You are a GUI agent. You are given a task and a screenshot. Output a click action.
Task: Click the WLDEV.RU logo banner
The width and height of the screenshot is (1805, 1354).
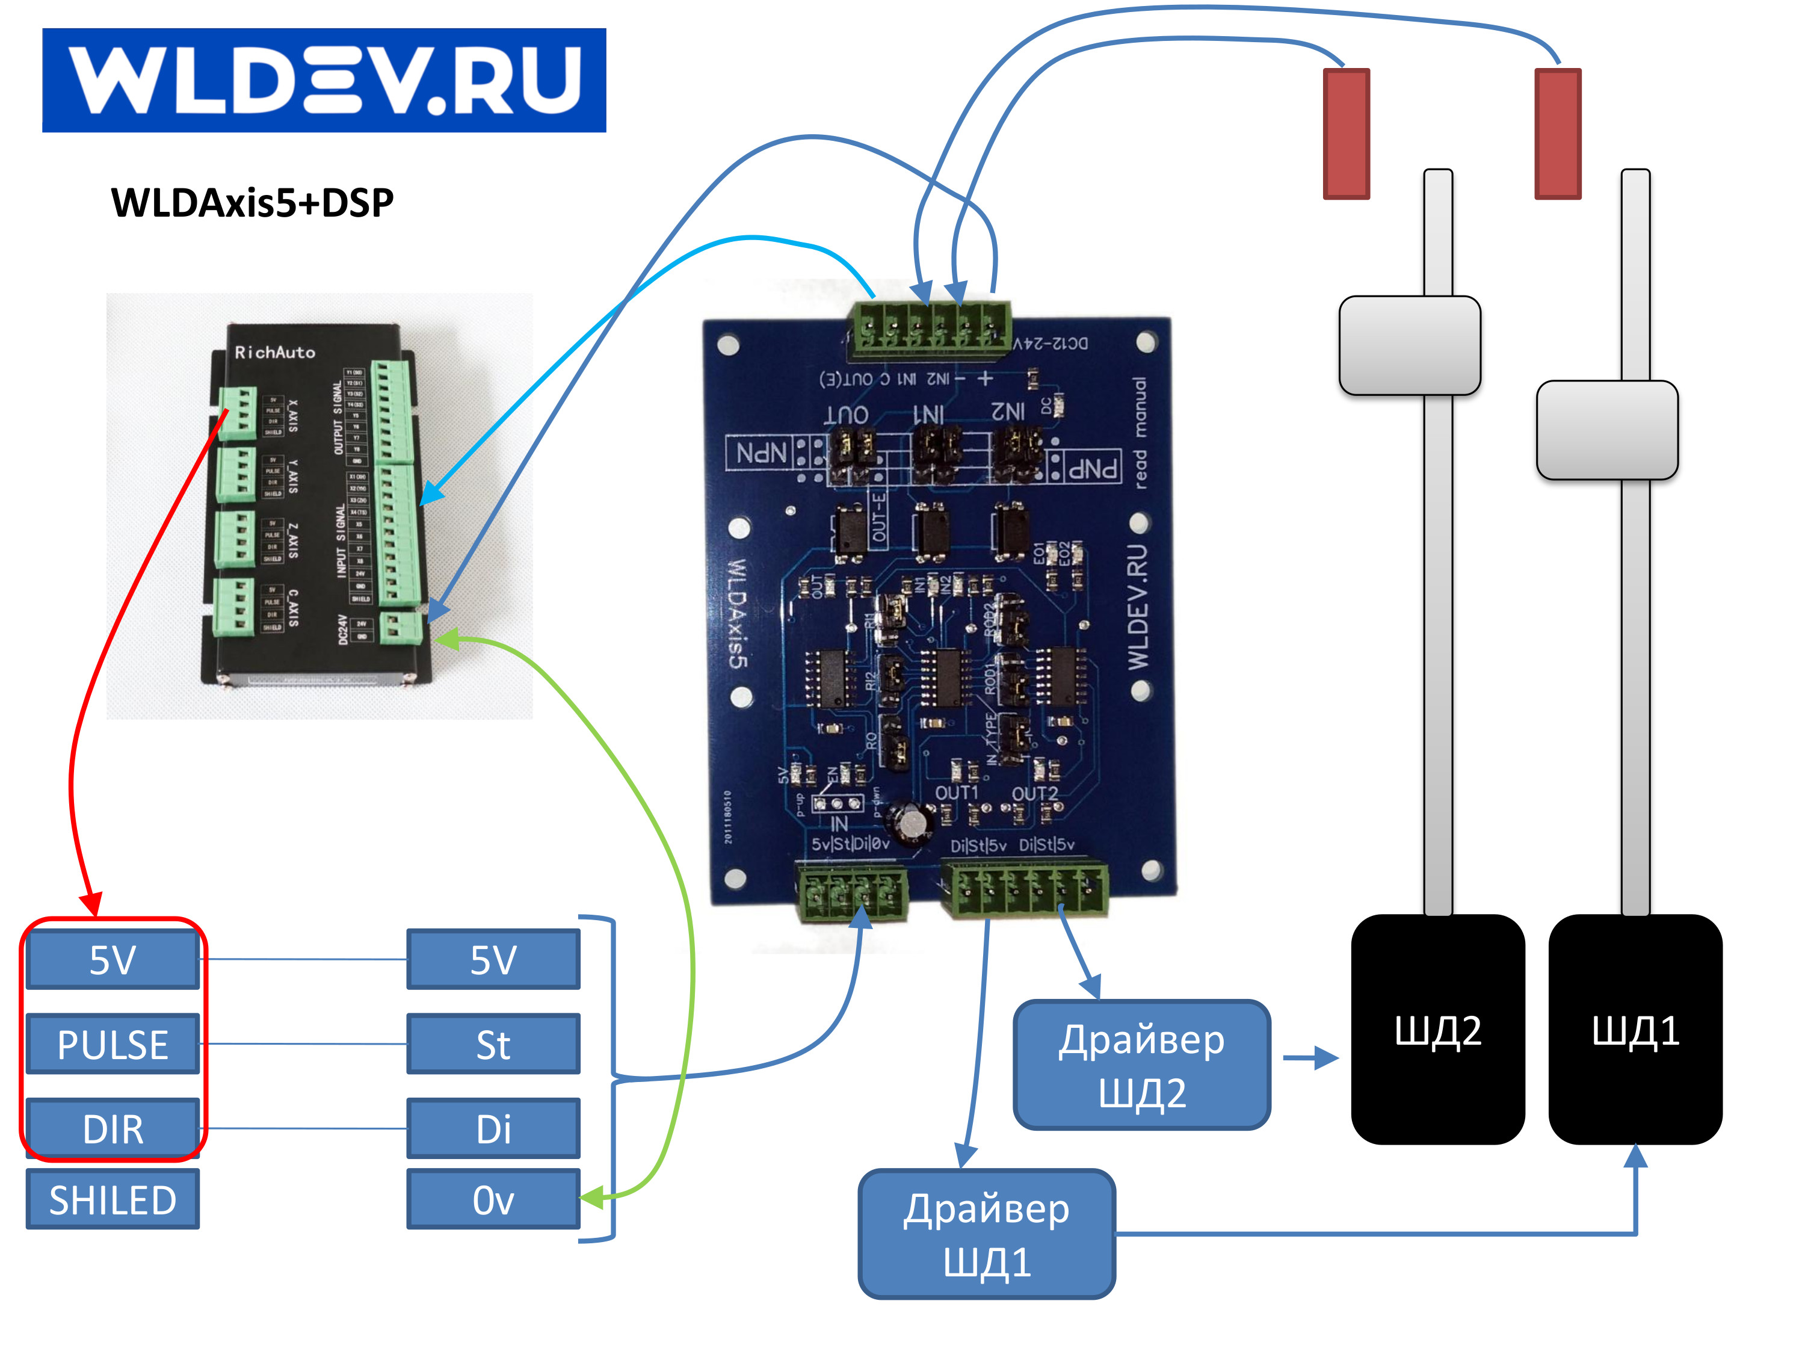(324, 80)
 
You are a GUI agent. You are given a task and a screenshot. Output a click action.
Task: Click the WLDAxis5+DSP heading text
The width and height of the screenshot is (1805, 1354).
(252, 202)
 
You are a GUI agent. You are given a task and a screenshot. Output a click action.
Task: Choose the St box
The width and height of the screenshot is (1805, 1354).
(493, 1044)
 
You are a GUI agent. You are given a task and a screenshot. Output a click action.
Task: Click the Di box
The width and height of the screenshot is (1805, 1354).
(493, 1129)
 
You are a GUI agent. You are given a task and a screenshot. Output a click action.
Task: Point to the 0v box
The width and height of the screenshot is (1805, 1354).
(493, 1199)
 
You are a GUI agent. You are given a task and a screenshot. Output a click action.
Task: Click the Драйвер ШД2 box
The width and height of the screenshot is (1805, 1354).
(1141, 1065)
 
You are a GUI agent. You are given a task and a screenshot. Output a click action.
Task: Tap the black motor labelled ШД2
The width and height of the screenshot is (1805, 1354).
(1438, 1030)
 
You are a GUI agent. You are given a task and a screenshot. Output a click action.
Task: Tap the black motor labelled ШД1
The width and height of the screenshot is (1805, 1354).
(1635, 1030)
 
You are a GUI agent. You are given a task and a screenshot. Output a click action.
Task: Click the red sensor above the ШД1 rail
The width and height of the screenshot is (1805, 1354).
(1558, 133)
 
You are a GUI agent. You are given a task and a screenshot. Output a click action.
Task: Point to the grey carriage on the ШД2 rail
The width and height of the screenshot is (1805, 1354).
(1410, 345)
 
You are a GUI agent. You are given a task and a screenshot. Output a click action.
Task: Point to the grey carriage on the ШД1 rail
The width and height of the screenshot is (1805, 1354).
(1606, 430)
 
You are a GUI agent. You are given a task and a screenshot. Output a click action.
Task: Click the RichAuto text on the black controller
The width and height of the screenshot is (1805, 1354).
(275, 353)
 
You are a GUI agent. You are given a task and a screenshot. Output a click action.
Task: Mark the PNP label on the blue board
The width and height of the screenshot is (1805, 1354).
(1093, 468)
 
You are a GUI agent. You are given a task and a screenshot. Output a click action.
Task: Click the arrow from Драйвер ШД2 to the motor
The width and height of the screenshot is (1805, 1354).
(1310, 1059)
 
